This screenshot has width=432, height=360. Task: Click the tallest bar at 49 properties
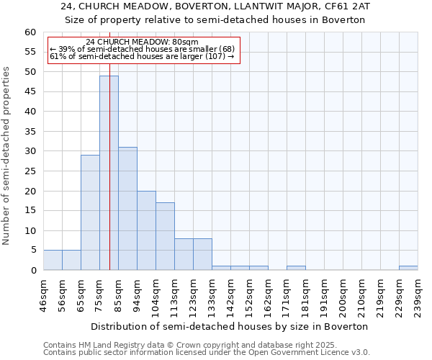pos(109,173)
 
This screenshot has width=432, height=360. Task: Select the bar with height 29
pos(90,212)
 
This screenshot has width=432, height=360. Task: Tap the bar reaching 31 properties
pos(127,209)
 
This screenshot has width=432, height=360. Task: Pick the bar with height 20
pos(146,230)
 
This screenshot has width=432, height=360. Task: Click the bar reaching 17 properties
pos(165,236)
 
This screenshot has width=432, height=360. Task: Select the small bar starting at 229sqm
pos(408,268)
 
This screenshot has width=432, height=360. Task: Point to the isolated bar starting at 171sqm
pos(296,268)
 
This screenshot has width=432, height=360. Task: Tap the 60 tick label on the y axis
pos(30,32)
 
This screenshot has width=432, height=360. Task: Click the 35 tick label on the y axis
pos(30,132)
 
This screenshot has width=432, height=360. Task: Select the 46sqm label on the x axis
pos(44,295)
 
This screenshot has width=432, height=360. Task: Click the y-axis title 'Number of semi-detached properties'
pos(7,156)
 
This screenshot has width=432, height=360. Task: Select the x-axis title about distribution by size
pos(230,326)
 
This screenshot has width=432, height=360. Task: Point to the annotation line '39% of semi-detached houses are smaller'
pos(143,49)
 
